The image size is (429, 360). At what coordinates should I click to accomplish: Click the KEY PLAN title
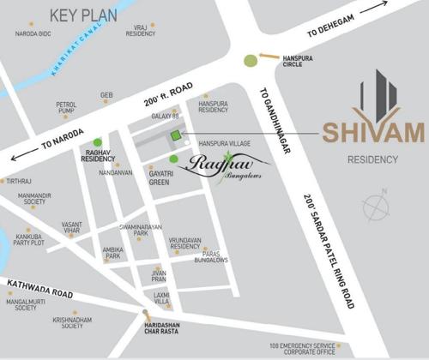(83, 15)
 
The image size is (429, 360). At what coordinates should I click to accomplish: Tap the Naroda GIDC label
(34, 34)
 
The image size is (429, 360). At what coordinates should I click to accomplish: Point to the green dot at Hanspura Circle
(250, 61)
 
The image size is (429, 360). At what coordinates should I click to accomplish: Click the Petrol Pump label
(67, 108)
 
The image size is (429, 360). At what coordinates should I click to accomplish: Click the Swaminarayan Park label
(135, 229)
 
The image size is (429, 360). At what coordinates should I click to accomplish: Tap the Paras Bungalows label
(210, 257)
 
